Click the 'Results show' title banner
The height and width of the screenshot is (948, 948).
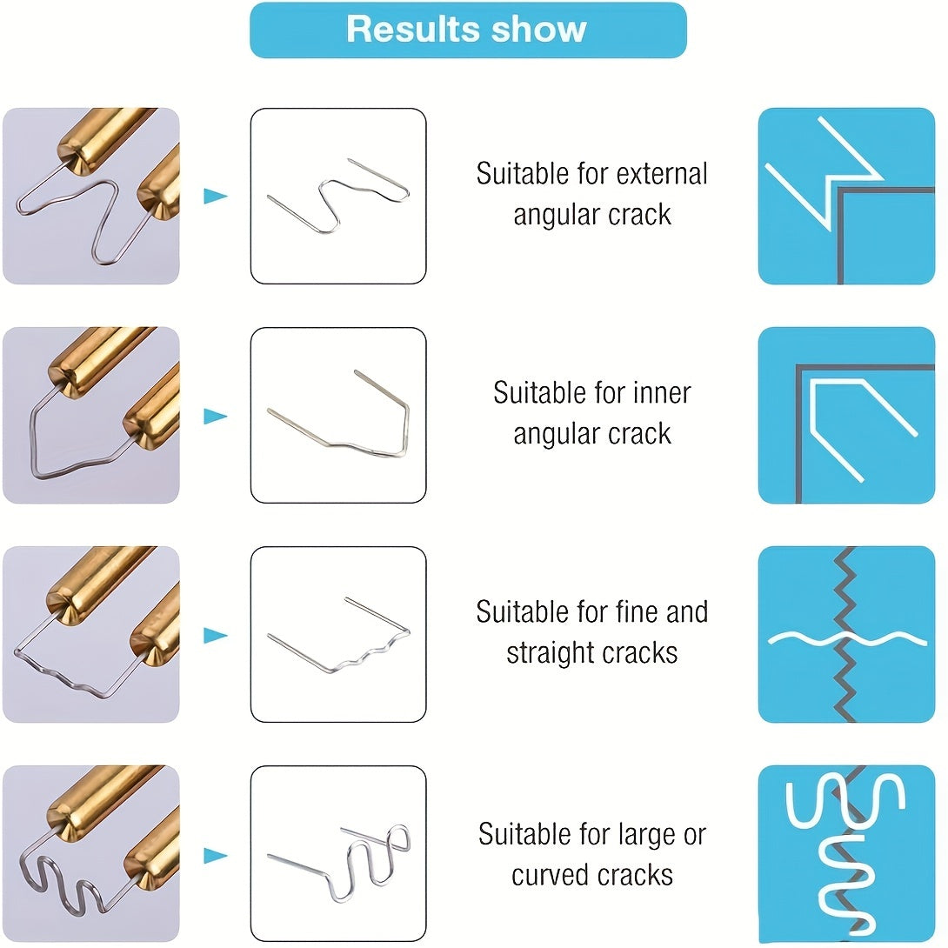click(x=468, y=30)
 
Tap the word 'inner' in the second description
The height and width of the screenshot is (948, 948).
click(x=661, y=393)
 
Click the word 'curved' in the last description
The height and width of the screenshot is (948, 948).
click(x=546, y=876)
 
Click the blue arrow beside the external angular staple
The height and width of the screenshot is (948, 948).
click(x=216, y=196)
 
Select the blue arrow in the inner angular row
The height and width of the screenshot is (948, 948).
click(x=216, y=416)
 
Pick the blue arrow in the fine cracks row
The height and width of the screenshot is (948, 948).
click(x=216, y=636)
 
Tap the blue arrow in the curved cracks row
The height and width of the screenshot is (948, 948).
click(x=216, y=856)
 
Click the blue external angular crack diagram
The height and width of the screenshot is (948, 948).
click(x=846, y=196)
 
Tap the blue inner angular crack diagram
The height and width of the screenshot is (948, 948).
click(x=846, y=416)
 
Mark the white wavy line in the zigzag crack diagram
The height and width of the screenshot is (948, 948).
click(x=846, y=638)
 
